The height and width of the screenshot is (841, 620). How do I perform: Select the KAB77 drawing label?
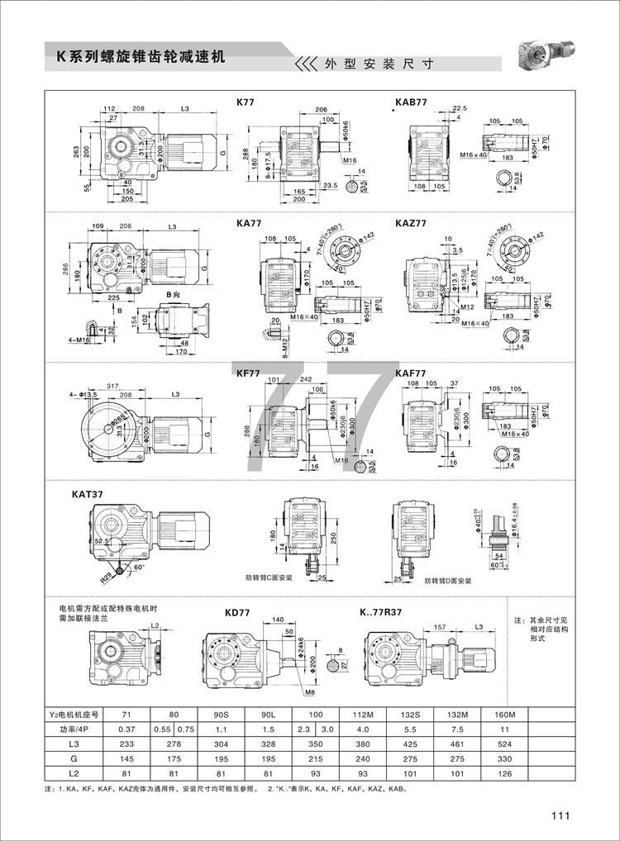pos(411,103)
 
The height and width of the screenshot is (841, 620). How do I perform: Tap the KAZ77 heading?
pos(411,223)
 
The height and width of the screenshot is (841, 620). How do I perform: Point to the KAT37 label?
pos(90,494)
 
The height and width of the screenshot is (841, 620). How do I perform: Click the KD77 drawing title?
pos(237,614)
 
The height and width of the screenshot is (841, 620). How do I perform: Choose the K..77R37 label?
pos(381,613)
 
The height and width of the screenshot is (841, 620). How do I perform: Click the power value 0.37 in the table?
pos(126,729)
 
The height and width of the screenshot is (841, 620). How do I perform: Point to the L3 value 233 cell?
pos(126,744)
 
